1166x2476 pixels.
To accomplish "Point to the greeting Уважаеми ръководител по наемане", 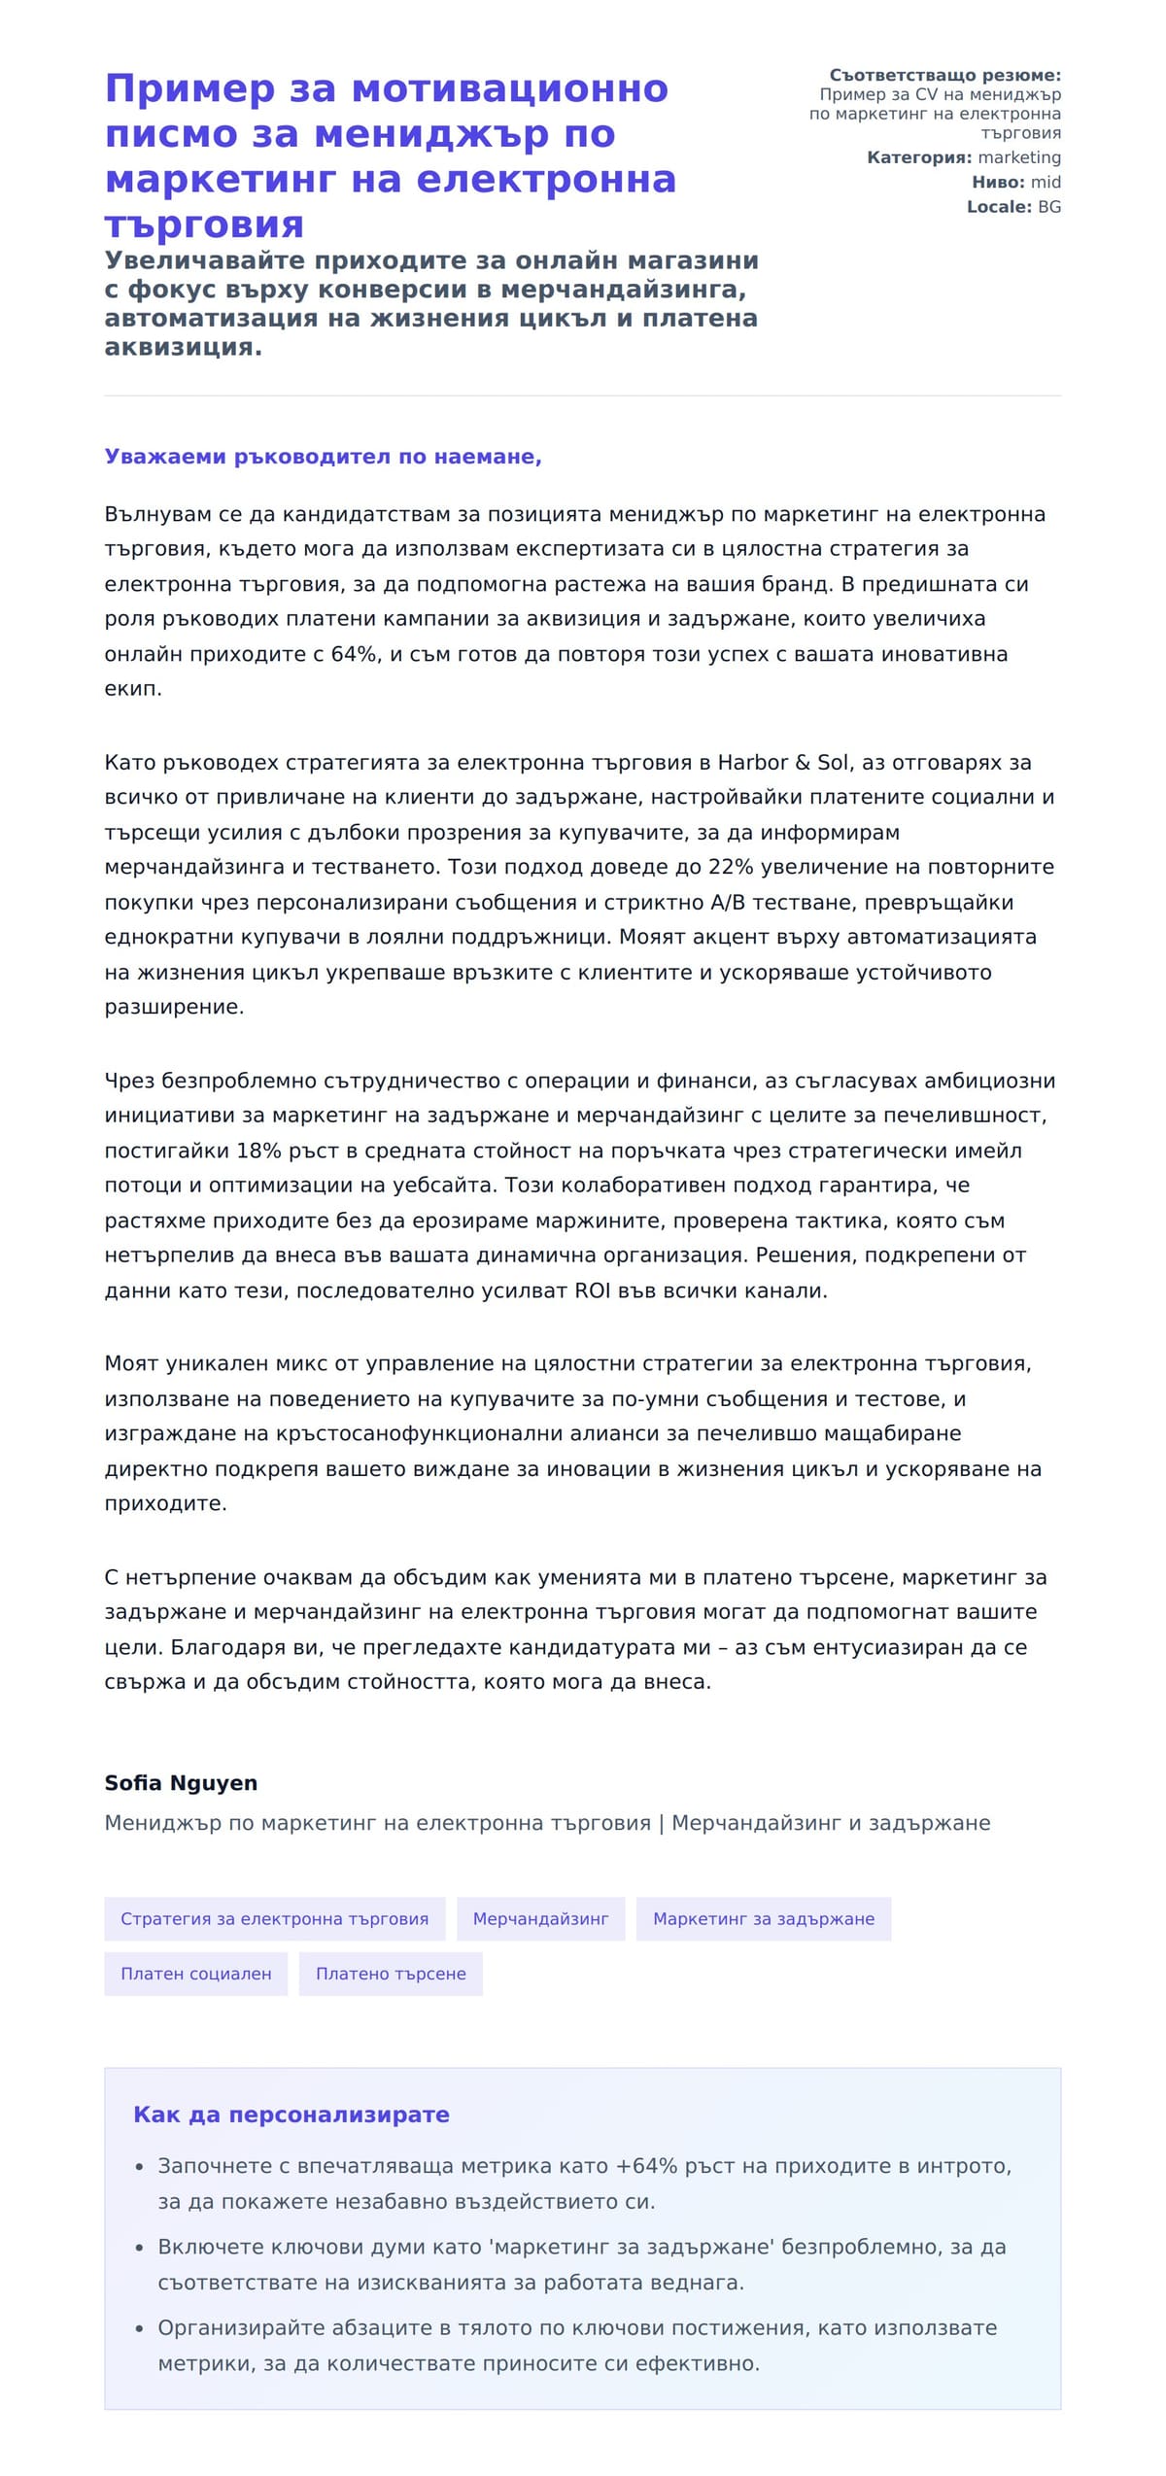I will coord(323,457).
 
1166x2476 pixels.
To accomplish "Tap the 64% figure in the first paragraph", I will coord(354,654).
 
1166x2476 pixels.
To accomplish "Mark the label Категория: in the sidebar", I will coord(918,157).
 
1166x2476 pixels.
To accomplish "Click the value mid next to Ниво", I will coord(1046,183).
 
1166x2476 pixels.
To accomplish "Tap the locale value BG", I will coord(1049,207).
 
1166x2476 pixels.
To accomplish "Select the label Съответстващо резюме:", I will coord(944,76).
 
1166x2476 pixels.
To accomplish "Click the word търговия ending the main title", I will coord(204,225).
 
